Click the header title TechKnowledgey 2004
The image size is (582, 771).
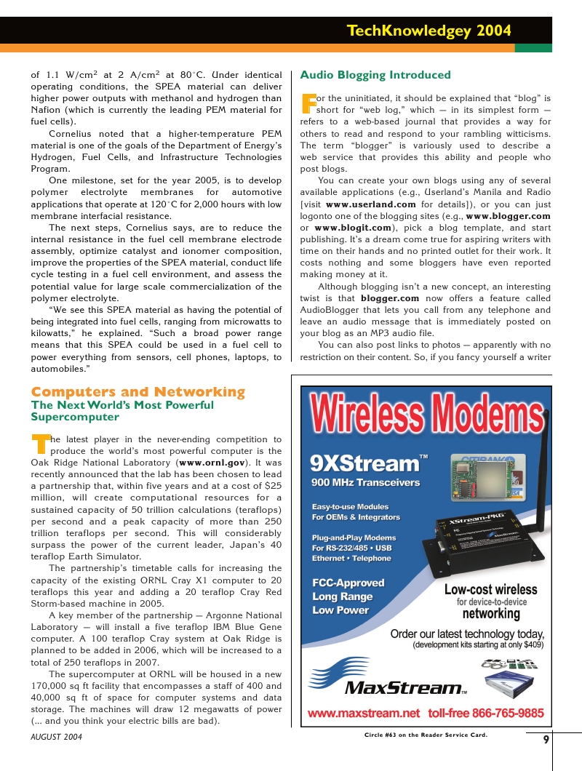point(428,31)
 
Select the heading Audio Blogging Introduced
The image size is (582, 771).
point(375,75)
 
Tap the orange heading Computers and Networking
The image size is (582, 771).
point(138,392)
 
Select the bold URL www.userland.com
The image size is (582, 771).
point(371,204)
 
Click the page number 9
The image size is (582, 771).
point(546,740)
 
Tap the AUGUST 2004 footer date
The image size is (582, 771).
point(57,737)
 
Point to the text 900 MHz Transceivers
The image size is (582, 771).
point(365,482)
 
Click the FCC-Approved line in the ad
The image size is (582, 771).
point(348,583)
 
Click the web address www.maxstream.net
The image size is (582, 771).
point(364,713)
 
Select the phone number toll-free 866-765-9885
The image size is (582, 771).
point(485,713)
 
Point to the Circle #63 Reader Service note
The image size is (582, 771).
point(426,735)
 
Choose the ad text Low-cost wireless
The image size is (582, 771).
point(490,590)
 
